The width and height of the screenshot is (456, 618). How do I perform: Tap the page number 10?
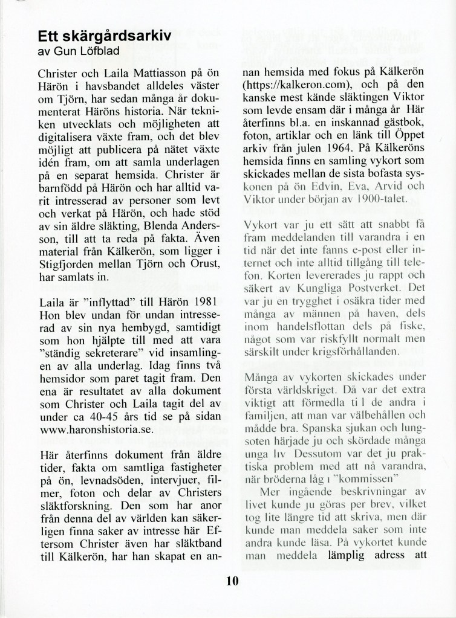coord(232,582)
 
